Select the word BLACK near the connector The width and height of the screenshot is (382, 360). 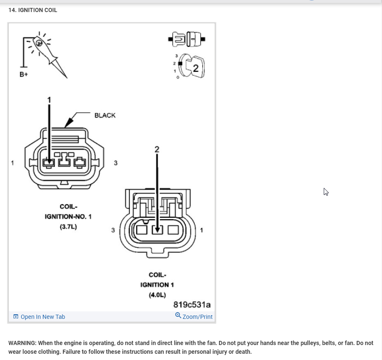[x=105, y=116]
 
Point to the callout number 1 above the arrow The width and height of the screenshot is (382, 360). [x=49, y=100]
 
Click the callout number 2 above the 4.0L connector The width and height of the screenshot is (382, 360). [x=157, y=149]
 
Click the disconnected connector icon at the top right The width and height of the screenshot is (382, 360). [x=187, y=40]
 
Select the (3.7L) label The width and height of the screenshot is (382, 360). [x=68, y=227]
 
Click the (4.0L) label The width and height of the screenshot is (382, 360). [x=157, y=295]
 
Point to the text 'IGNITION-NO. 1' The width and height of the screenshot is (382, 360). [x=68, y=217]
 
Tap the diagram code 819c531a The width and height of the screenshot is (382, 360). [x=192, y=305]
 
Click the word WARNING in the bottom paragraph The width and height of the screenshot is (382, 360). [x=22, y=343]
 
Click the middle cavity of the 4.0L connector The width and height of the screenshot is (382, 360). [x=157, y=229]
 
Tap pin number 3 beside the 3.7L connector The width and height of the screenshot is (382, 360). [x=116, y=163]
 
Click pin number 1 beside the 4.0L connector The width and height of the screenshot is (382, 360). [x=202, y=230]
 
